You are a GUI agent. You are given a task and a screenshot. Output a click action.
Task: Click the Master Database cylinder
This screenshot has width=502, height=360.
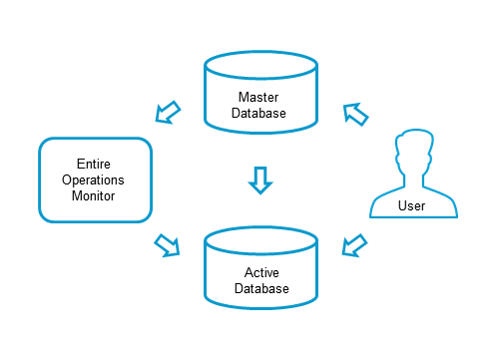click(260, 96)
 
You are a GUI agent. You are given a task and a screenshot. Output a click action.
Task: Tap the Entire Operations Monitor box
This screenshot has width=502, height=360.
click(95, 180)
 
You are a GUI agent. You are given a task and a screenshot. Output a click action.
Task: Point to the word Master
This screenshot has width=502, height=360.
click(260, 97)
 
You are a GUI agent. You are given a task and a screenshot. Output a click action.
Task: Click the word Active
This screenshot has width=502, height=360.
click(260, 271)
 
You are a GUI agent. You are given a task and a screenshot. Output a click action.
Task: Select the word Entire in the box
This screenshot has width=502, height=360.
click(95, 163)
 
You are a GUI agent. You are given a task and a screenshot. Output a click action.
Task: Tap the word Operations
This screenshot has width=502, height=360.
click(95, 180)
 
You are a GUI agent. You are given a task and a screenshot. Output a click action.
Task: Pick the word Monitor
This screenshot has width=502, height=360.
click(95, 196)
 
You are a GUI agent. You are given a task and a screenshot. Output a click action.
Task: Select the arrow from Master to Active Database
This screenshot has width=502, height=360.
click(259, 180)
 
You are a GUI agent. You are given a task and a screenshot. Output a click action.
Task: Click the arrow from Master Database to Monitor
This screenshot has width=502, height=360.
click(168, 110)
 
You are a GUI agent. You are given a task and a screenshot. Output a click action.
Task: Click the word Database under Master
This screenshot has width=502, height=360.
click(260, 113)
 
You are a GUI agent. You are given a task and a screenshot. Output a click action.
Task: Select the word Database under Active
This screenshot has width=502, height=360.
click(260, 288)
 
